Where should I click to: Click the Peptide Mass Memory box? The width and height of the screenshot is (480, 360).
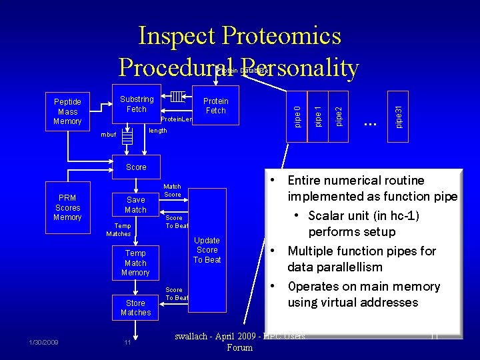point(67,111)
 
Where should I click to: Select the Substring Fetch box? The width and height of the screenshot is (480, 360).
point(136,104)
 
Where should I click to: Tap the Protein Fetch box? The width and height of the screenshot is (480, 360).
point(215,105)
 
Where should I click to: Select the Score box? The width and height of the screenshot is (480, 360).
point(136,167)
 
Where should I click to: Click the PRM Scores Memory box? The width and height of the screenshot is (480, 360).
point(67,207)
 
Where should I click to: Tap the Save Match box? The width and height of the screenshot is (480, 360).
point(135,205)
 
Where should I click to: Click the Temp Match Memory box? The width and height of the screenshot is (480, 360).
point(135,263)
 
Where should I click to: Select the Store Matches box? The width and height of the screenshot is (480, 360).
point(135,307)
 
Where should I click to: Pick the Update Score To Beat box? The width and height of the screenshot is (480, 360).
point(207,250)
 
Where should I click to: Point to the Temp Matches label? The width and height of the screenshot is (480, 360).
point(119,230)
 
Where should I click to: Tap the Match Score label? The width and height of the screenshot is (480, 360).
point(172,191)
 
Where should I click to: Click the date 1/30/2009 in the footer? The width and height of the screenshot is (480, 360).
point(43,342)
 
